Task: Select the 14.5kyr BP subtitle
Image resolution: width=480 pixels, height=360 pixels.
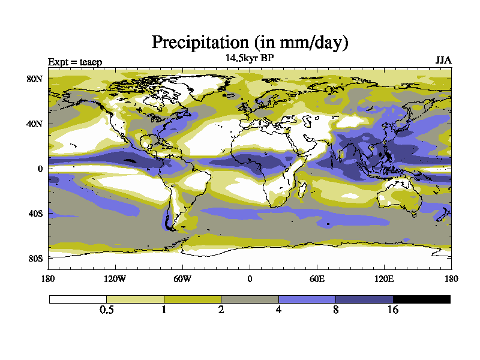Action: (x=250, y=59)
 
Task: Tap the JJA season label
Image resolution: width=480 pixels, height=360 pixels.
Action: (x=443, y=61)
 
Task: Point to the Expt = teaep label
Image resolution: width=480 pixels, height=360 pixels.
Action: (x=75, y=61)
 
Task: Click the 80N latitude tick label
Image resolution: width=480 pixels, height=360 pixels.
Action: (x=36, y=79)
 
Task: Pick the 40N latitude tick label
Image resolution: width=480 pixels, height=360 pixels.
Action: (x=36, y=124)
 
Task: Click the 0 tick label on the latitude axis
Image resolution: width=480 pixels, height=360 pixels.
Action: (x=40, y=169)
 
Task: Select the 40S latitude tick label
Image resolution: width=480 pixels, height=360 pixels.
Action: (x=36, y=214)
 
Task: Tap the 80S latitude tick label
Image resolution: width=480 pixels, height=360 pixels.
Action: (x=36, y=258)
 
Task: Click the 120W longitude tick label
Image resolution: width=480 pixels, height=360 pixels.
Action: (x=115, y=278)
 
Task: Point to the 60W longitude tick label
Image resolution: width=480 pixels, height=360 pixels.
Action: (x=182, y=278)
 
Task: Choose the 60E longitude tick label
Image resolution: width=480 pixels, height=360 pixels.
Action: (x=317, y=278)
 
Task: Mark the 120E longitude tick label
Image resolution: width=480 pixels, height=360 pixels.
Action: (x=384, y=278)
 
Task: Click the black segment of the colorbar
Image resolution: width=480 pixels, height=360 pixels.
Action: (x=421, y=299)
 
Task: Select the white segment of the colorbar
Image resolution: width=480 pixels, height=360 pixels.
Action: (x=78, y=299)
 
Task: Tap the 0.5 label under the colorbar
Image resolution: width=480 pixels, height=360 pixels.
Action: (x=107, y=310)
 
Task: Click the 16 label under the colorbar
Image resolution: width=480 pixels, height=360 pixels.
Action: (x=393, y=310)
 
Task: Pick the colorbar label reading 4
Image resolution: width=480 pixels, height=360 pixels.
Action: (x=278, y=310)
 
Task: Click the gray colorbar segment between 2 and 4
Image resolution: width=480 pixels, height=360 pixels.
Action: (x=250, y=299)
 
